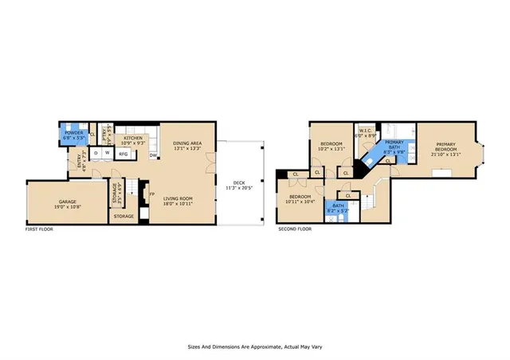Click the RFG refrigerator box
click(x=124, y=154)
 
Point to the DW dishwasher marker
click(x=152, y=156)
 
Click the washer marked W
click(x=106, y=153)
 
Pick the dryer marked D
click(x=96, y=153)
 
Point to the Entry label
click(x=80, y=160)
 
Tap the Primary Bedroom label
click(x=444, y=151)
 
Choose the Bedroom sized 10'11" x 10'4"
click(x=300, y=199)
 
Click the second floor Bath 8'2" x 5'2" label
click(x=338, y=210)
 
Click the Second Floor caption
click(x=294, y=229)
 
